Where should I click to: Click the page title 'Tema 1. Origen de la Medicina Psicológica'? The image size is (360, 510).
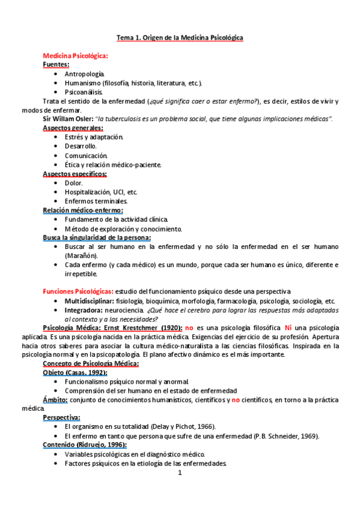[x=180, y=38]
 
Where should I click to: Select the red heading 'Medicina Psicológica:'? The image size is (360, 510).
[x=76, y=55]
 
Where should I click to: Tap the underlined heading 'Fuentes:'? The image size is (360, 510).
[x=56, y=64]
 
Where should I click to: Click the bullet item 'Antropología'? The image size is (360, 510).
[x=84, y=73]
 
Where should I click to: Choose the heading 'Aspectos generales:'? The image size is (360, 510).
[x=73, y=128]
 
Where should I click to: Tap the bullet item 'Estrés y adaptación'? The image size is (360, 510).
[x=94, y=137]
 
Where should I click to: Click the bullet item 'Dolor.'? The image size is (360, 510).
[x=73, y=183]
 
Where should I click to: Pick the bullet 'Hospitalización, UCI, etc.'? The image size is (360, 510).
[x=101, y=192]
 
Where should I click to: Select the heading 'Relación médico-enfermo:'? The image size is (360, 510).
[x=83, y=210]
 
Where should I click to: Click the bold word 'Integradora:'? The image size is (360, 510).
[x=83, y=309]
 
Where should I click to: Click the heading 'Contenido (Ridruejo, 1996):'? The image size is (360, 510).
[x=84, y=445]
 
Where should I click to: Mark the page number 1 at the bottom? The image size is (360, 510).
[x=180, y=473]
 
